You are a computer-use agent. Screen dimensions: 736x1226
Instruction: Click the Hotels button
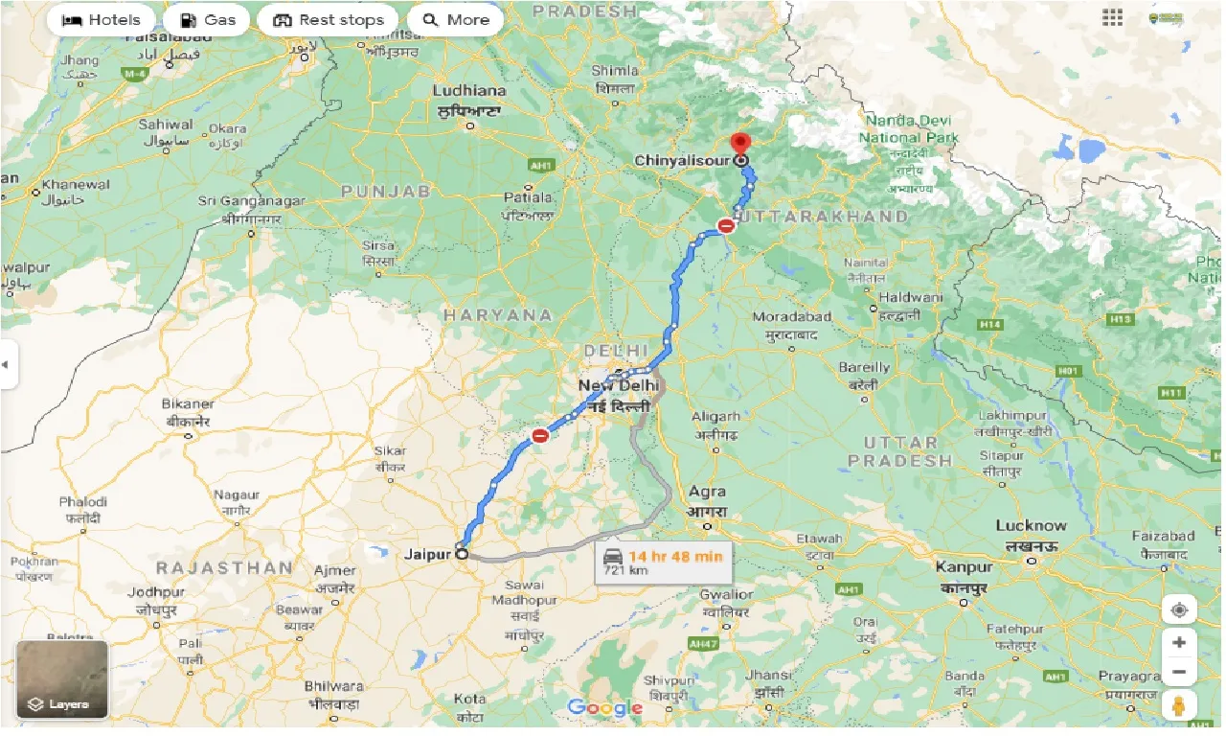(101, 20)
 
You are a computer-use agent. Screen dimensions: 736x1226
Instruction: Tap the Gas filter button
(207, 20)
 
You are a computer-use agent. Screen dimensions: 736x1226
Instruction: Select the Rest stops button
(328, 20)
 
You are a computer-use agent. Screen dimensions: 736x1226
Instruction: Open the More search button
(455, 20)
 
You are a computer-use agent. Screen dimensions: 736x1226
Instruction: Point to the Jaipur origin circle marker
(462, 553)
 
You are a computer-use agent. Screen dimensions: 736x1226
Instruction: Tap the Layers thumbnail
(62, 678)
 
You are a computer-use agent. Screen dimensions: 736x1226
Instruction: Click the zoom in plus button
(1179, 642)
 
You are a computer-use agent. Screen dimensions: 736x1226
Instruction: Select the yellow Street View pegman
(1179, 706)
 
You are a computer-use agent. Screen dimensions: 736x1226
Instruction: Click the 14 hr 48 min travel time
(675, 555)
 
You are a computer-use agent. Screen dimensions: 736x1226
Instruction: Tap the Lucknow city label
(1031, 525)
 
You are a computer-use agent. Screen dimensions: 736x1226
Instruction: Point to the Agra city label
(707, 492)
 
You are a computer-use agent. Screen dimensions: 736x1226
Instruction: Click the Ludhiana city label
(469, 91)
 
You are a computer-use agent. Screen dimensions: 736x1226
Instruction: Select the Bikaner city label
(188, 403)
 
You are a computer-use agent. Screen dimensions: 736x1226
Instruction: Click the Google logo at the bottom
(604, 708)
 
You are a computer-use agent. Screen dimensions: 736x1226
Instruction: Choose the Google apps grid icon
(1112, 18)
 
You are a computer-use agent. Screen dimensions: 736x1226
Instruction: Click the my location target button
(1179, 610)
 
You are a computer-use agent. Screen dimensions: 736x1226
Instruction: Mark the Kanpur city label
(965, 567)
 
